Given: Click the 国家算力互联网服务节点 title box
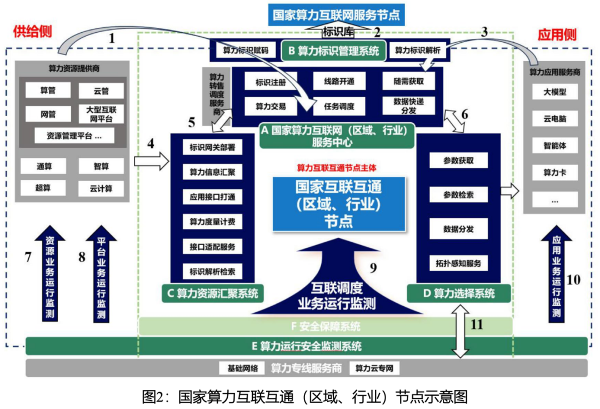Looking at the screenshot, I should click(x=336, y=14).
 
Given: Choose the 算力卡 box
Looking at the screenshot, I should click(x=555, y=173).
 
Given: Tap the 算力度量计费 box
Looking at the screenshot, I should click(x=212, y=222).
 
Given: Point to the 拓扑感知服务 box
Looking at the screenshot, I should click(x=458, y=263).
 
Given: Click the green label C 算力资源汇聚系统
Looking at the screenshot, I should click(x=213, y=293).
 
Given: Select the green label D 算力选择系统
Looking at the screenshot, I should click(x=458, y=293).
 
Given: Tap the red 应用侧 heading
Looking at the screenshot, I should click(x=557, y=35).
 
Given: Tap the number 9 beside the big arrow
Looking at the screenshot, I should click(x=373, y=268).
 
